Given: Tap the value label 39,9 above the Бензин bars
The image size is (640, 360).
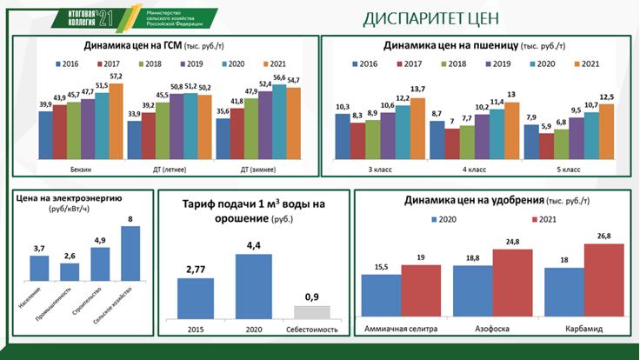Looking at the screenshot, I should [45, 104].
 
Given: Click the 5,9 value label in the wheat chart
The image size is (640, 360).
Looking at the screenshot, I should [543, 127].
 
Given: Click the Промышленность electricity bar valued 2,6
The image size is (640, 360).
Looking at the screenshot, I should [70, 272].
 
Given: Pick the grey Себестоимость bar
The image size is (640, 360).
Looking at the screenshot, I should [310, 311].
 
